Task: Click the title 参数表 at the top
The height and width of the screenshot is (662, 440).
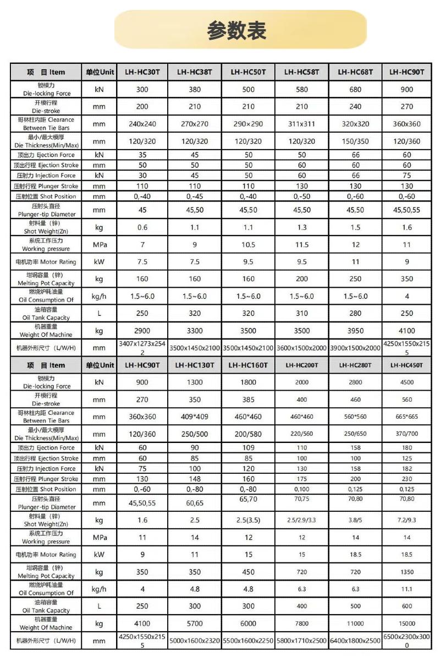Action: [x=237, y=30]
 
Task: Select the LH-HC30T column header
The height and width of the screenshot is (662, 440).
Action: [x=142, y=72]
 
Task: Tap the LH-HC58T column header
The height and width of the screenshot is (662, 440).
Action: [x=302, y=72]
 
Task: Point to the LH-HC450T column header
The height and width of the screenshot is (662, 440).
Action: [x=407, y=365]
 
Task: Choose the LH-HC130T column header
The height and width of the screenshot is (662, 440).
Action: [x=195, y=365]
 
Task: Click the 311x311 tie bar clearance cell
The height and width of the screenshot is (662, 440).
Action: [x=302, y=124]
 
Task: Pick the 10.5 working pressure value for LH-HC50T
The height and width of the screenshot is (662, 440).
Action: [x=249, y=245]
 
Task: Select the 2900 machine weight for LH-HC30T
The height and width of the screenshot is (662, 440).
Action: [x=142, y=331]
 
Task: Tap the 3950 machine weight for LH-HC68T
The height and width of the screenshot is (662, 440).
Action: [x=355, y=331]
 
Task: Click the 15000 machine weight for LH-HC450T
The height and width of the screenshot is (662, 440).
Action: [x=407, y=623]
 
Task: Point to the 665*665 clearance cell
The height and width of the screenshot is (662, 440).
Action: [x=407, y=417]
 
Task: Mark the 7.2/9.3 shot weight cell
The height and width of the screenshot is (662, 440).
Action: [x=407, y=520]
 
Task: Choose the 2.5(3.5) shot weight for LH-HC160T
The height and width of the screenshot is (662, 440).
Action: [x=249, y=520]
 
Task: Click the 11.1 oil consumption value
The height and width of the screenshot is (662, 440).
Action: [x=407, y=589]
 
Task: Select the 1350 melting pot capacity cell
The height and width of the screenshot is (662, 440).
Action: [x=407, y=572]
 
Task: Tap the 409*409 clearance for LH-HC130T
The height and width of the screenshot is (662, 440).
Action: [x=195, y=417]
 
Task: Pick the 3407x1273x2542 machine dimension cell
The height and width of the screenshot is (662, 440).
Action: [x=142, y=348]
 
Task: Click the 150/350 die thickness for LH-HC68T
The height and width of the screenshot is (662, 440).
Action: [x=355, y=141]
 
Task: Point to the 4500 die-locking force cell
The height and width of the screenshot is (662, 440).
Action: [x=407, y=382]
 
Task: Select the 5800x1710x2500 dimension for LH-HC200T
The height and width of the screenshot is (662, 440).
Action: [x=302, y=641]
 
